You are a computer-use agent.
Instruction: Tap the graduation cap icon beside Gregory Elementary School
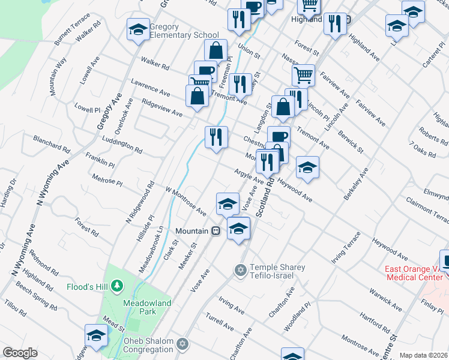point(138,30)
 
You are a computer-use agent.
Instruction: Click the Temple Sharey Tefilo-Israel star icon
point(241,271)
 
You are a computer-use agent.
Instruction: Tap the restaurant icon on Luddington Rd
point(216,138)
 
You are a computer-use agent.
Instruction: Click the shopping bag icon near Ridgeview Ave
point(197,97)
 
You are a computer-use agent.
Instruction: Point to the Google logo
point(20,353)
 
